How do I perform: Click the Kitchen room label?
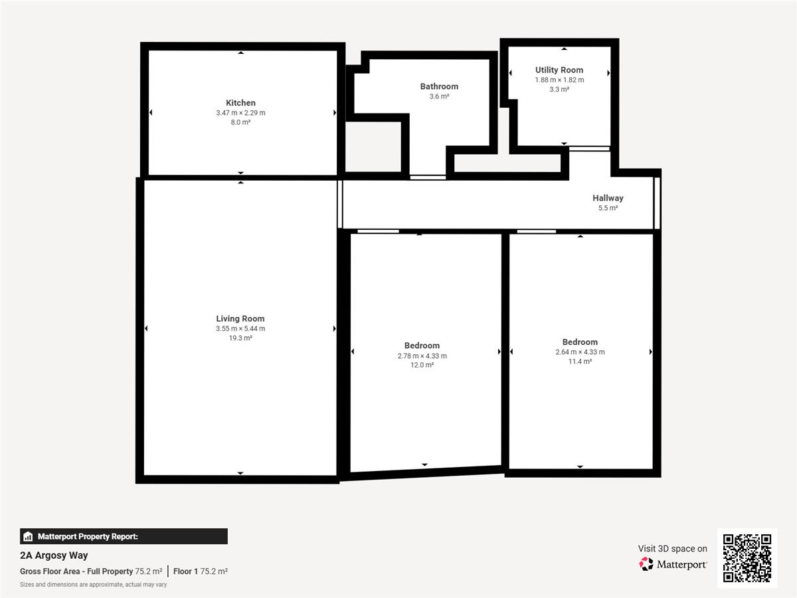tap(240, 103)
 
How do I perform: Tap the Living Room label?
tap(240, 318)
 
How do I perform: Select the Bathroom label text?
tap(439, 86)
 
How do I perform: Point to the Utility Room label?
tap(559, 70)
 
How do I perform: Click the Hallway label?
tap(608, 198)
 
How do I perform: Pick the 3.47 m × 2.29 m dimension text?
tap(240, 113)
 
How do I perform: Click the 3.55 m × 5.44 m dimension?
tap(240, 329)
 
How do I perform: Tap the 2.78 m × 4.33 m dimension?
tap(422, 356)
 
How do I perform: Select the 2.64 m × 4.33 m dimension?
tap(580, 352)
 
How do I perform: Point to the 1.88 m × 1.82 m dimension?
tap(559, 80)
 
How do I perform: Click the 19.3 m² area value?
tap(240, 338)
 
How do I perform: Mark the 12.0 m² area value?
tap(422, 365)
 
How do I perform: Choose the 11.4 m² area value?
tap(580, 361)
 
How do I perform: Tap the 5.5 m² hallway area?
tap(608, 208)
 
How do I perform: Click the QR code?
tap(747, 558)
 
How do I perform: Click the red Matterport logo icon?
tap(646, 564)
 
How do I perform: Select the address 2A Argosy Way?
tap(54, 555)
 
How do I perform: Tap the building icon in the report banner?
tap(28, 536)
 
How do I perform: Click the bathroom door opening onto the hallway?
tap(428, 177)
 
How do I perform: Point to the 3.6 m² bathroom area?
tap(439, 96)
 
